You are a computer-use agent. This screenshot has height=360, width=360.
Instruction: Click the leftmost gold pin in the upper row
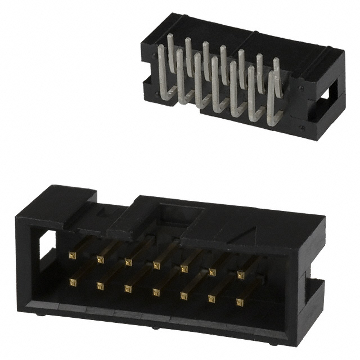click(x=72, y=255)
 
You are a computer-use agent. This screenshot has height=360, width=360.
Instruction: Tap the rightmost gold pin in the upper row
click(x=241, y=274)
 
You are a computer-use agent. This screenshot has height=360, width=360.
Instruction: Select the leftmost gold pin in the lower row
click(x=72, y=280)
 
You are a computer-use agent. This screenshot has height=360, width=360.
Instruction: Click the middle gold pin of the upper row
click(x=156, y=265)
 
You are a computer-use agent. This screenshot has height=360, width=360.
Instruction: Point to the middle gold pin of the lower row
click(x=155, y=291)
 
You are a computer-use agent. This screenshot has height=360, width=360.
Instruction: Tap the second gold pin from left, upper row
click(x=100, y=259)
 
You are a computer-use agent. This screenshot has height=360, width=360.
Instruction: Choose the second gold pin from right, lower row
click(x=211, y=299)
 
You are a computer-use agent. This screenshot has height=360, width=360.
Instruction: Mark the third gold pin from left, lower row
click(x=128, y=289)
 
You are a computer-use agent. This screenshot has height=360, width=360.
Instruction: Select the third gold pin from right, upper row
click(x=184, y=268)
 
